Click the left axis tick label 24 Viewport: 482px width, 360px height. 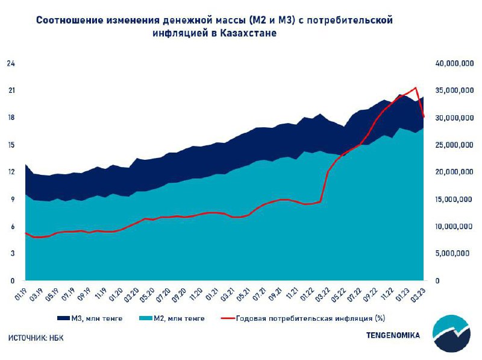[10, 63]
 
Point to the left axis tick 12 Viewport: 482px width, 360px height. [10, 172]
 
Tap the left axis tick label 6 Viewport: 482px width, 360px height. [12, 226]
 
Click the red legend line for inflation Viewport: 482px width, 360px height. [227, 318]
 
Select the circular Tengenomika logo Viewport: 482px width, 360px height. [454, 333]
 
